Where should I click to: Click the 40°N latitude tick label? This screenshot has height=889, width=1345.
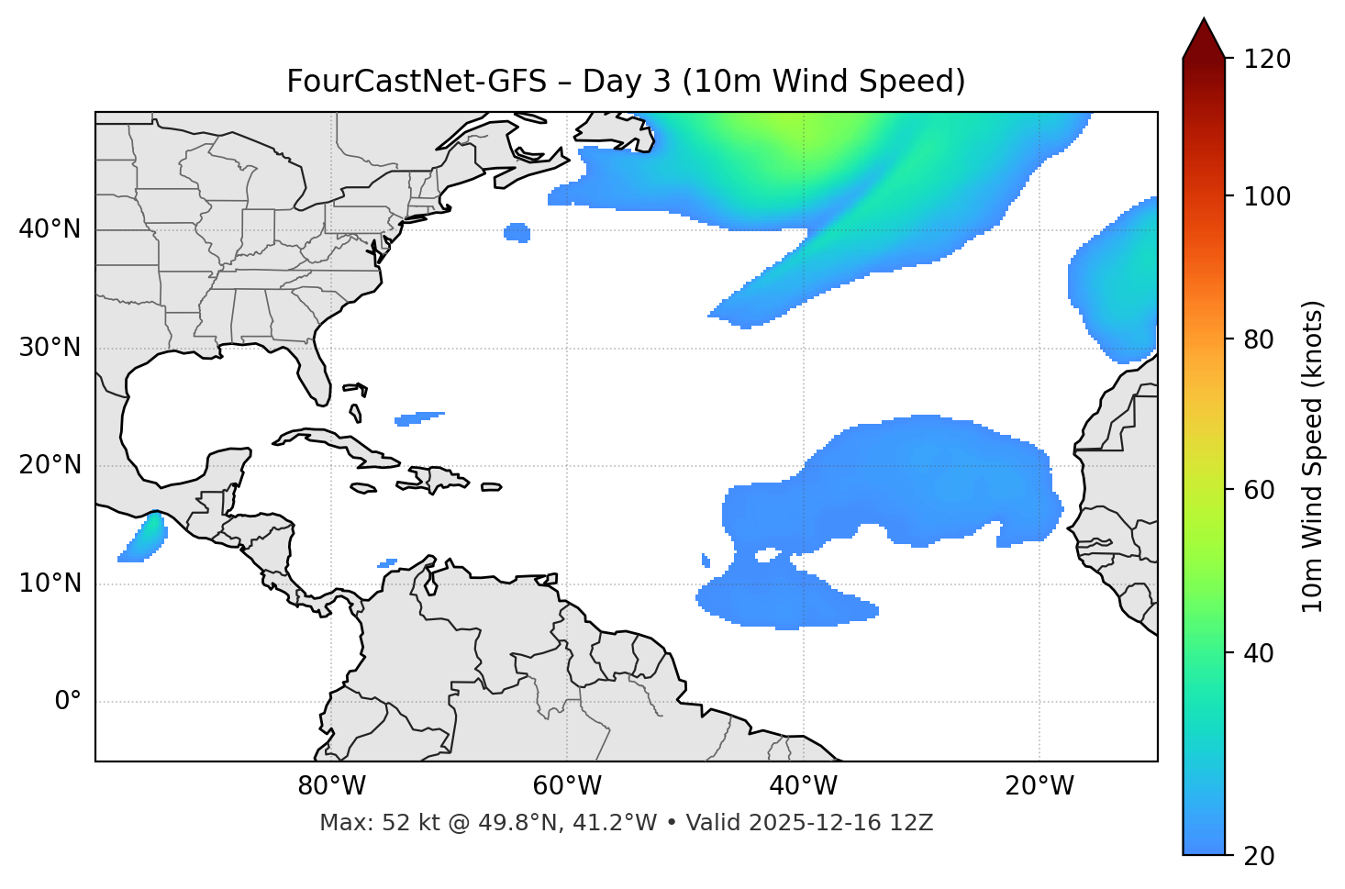point(50,229)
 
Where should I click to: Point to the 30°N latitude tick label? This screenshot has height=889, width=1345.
point(50,348)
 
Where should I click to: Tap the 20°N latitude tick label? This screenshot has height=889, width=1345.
point(50,465)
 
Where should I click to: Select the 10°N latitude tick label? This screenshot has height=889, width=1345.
point(50,583)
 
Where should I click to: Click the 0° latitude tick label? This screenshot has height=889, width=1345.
point(68,702)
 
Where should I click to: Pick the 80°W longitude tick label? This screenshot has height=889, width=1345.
point(331,786)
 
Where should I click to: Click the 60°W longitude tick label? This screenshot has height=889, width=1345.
point(567,786)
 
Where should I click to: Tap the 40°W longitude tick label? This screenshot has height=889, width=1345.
point(803,786)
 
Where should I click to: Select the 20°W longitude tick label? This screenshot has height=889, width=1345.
point(1039,786)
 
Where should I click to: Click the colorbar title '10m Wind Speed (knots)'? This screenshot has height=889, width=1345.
point(1313,456)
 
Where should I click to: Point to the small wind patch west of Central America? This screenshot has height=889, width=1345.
point(143,539)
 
